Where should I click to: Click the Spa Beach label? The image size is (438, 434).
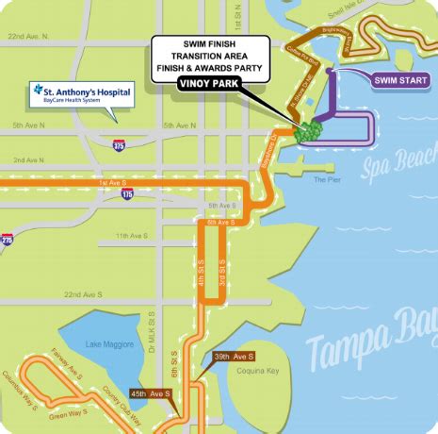(x=399, y=168)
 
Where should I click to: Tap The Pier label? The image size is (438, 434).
(x=326, y=178)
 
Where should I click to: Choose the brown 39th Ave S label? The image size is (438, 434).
(x=234, y=356)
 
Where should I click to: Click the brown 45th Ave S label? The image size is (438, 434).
(x=151, y=393)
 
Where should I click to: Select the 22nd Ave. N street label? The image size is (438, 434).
(x=28, y=37)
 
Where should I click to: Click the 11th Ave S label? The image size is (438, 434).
(x=132, y=235)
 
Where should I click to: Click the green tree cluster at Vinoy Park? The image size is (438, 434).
(x=307, y=132)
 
